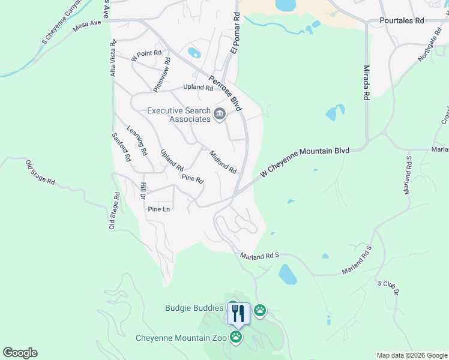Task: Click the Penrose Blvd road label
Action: pyautogui.click(x=225, y=93)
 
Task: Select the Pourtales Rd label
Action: pyautogui.click(x=402, y=20)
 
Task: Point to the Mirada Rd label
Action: pyautogui.click(x=366, y=82)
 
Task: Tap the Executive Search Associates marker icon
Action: pyautogui.click(x=220, y=114)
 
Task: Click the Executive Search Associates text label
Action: pyautogui.click(x=179, y=115)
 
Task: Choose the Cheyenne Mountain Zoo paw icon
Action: pyautogui.click(x=236, y=337)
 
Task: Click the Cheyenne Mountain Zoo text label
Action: pyautogui.click(x=181, y=338)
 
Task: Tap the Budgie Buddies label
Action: pyautogui.click(x=194, y=308)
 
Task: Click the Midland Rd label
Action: pyautogui.click(x=223, y=162)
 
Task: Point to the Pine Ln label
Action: pyautogui.click(x=159, y=209)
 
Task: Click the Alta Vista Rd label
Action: pyautogui.click(x=112, y=58)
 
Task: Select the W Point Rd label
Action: pyautogui.click(x=147, y=55)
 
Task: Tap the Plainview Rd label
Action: pyautogui.click(x=161, y=74)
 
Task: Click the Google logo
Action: pyautogui.click(x=20, y=353)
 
